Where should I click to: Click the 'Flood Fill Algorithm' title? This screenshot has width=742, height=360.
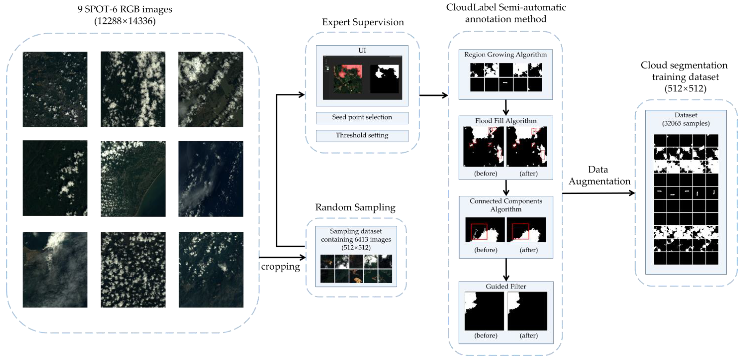click(506, 121)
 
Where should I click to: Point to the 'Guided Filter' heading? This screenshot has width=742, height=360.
click(506, 286)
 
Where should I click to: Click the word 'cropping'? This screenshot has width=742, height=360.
click(280, 267)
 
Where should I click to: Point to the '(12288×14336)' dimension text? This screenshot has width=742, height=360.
click(125, 21)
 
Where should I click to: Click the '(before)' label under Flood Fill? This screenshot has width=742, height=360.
click(486, 173)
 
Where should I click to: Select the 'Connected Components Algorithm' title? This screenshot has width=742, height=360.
click(506, 205)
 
